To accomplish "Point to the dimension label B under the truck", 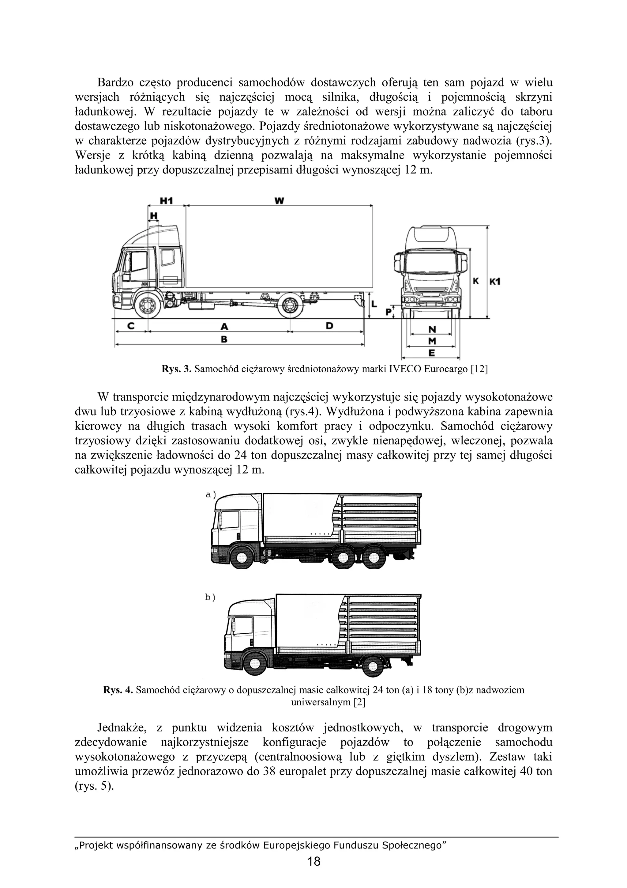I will click(223, 339).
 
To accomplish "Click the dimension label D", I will click(329, 326).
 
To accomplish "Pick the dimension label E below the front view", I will click(431, 353).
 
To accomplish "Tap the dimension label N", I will click(432, 329).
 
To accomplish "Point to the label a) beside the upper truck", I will click(211, 495).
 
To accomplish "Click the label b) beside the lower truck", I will click(210, 608).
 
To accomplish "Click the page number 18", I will click(314, 872).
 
